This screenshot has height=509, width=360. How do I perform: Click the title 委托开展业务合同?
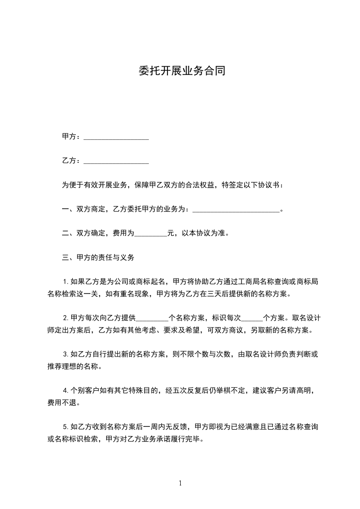(x=181, y=71)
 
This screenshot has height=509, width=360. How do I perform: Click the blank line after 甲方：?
(x=116, y=137)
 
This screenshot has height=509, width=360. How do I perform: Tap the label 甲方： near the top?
(x=72, y=137)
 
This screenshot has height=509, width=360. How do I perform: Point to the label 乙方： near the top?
(x=72, y=161)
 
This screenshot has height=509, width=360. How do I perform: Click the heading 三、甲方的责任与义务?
(x=98, y=258)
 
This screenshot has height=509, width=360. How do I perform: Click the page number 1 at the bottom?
(x=180, y=483)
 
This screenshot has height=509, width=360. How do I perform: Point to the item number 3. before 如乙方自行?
(x=65, y=354)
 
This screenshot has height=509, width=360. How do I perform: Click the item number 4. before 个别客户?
(x=65, y=391)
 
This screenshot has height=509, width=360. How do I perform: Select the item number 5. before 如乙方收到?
(x=65, y=427)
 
